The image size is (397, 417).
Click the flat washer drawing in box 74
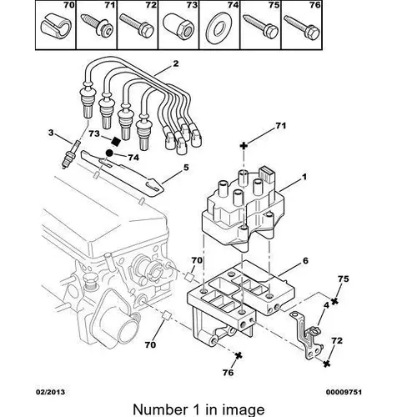219,28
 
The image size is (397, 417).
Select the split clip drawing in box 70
55,27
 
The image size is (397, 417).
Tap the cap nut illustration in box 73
178,28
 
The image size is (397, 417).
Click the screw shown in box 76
303,28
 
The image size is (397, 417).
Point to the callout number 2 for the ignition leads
176,63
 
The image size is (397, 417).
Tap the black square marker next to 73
115,142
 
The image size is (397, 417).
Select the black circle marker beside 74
109,153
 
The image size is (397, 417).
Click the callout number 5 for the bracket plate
186,168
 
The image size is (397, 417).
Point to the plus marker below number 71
244,145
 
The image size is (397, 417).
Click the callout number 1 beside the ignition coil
304,177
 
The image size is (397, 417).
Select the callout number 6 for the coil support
305,261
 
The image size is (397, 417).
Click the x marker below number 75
334,300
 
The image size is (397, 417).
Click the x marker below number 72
327,363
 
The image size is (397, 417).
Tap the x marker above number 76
239,355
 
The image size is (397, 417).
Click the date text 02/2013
50,392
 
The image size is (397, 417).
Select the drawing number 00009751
344,392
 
